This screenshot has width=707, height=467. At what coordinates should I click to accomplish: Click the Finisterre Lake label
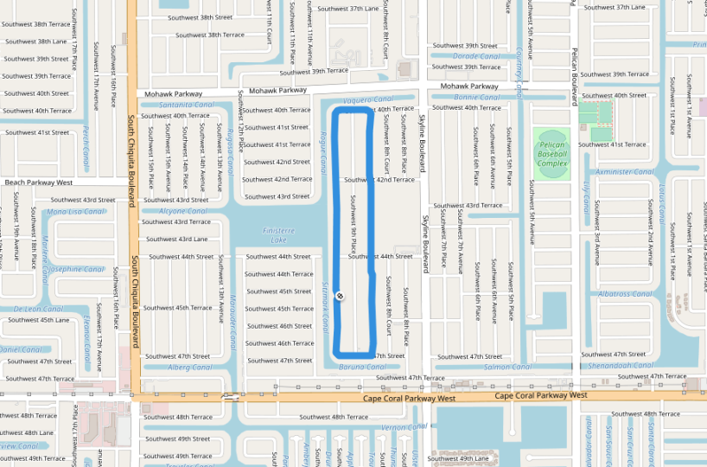pos(278,235)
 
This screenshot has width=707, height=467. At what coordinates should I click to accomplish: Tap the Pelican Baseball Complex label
pos(552,154)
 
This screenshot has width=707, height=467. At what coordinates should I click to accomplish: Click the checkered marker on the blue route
pos(341,297)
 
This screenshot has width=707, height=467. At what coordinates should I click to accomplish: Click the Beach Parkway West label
pos(38,182)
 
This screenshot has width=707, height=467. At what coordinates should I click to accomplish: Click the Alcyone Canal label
pos(183,211)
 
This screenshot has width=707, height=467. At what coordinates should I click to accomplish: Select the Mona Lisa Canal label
pos(76,211)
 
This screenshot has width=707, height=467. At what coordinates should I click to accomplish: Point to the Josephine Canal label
pos(75,269)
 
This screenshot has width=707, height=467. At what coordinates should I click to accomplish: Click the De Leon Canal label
pos(39,309)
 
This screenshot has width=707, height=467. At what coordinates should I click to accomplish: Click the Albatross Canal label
pos(625,294)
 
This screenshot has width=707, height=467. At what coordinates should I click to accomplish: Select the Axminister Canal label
pos(625,172)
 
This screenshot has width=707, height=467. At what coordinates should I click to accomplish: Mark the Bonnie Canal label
pos(477,98)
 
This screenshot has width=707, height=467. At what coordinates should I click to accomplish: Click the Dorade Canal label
pos(477,56)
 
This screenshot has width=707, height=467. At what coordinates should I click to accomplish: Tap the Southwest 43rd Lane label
pos(176,239)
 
